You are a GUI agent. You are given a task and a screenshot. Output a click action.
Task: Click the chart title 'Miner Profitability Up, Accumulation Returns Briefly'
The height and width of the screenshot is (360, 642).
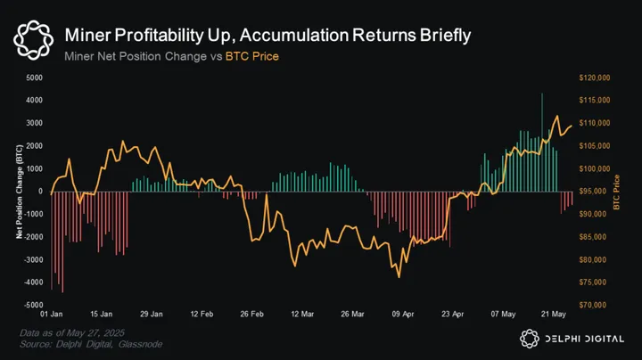point(268,35)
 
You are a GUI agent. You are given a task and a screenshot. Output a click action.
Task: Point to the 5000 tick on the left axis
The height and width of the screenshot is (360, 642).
point(33,78)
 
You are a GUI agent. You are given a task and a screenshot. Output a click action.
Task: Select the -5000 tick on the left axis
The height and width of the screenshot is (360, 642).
point(31,306)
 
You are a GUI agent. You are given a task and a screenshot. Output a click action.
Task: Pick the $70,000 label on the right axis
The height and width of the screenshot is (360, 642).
point(593,306)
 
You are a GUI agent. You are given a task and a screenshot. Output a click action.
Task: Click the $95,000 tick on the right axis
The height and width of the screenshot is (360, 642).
point(593,192)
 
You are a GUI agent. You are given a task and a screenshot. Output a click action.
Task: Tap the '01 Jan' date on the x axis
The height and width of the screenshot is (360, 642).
point(52,315)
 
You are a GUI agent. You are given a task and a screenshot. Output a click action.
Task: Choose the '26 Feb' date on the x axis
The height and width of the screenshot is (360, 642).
point(251,315)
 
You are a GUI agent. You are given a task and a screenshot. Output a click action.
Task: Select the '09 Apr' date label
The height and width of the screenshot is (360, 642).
point(404,315)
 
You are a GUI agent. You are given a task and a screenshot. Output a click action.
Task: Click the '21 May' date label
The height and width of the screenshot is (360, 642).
point(555,315)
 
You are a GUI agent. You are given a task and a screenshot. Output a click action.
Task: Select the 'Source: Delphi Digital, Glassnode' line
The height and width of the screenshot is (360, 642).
point(79,344)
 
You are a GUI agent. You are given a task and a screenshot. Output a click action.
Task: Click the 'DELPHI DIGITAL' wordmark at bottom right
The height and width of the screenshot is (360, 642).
point(584,337)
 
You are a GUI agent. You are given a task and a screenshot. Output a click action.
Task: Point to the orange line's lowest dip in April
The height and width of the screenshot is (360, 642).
point(399,276)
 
